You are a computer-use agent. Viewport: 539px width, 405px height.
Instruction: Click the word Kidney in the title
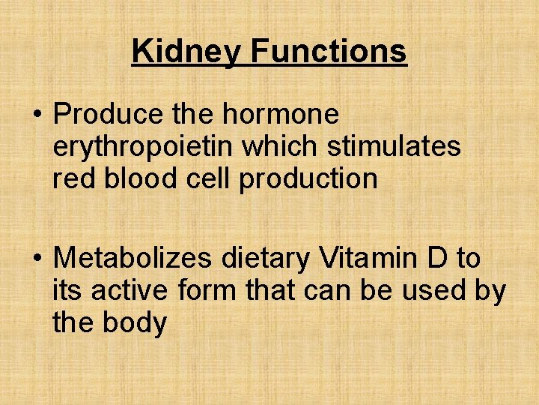tap(187, 52)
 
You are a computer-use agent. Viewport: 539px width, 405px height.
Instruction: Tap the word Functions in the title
tap(329, 51)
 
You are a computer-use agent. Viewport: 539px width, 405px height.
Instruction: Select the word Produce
tap(108, 115)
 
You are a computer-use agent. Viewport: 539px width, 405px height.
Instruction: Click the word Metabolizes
tap(133, 259)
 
